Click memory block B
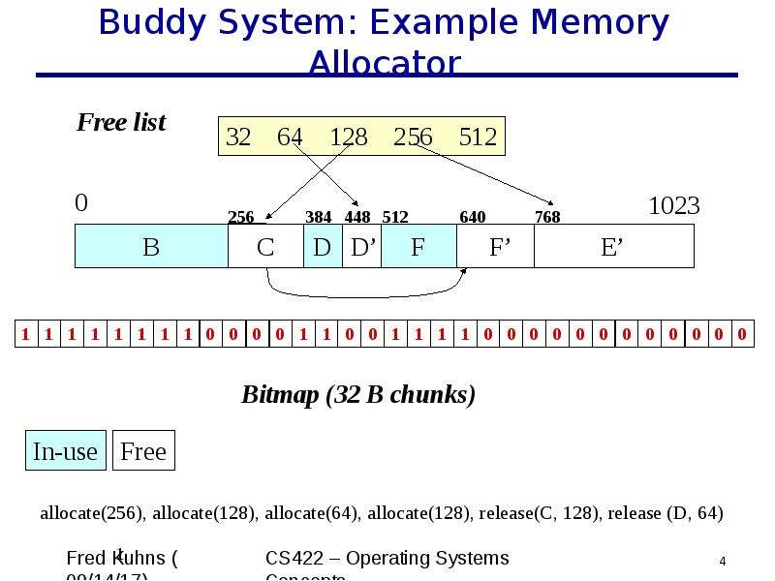pos(151,247)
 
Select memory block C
pos(265,247)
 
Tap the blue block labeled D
pos(323,247)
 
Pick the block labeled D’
pos(362,247)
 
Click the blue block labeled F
pos(418,247)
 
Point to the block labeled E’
pos(612,247)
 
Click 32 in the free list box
pos(238,138)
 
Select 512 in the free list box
pos(478,138)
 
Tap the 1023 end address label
pos(673,205)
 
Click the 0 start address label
pos(81,202)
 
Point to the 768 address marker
pos(547,217)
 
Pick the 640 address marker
pos(473,217)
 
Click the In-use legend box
pos(65,451)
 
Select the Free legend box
pos(143,451)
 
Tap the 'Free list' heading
pos(121,123)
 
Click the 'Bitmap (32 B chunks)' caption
pos(357,395)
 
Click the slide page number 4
pos(723,562)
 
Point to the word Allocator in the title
pos(385,64)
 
